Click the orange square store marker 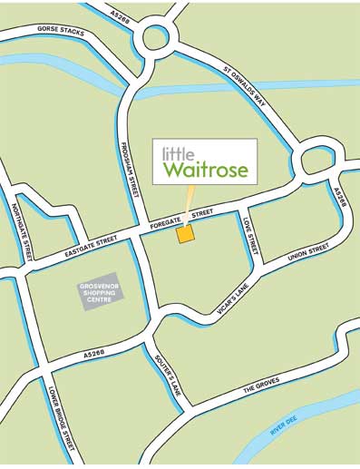[x=185, y=234]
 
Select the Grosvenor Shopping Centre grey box [x=100, y=291]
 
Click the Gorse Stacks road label [x=61, y=31]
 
